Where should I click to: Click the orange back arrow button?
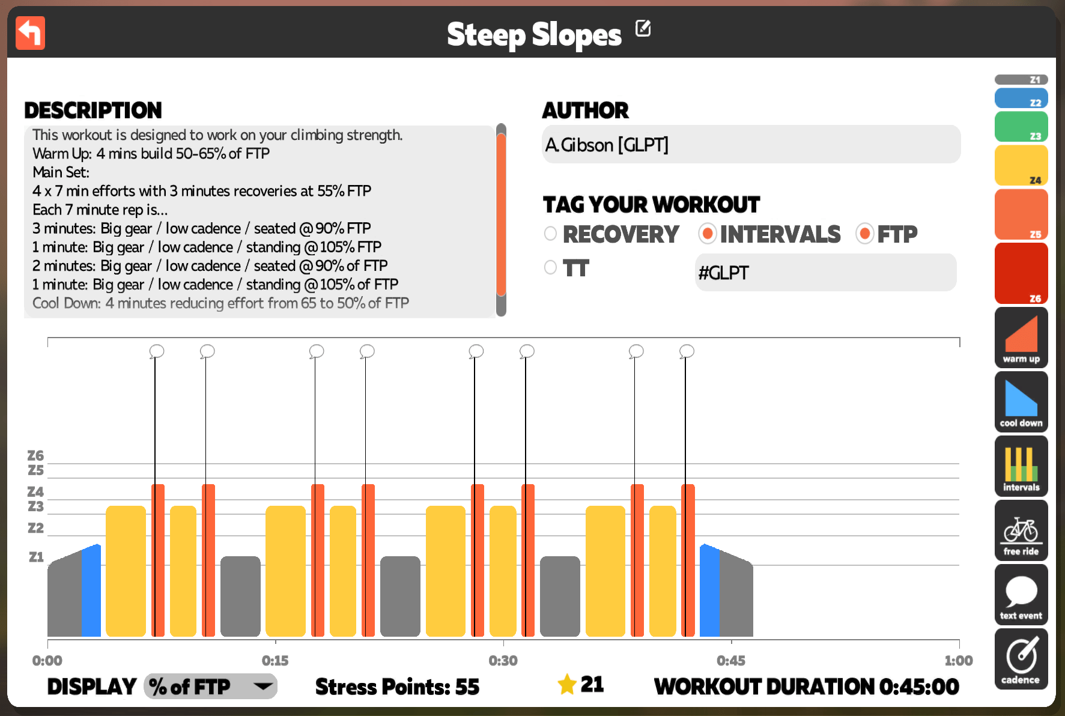(x=30, y=33)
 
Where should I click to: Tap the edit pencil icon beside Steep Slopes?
(x=643, y=28)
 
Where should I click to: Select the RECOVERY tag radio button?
(x=550, y=234)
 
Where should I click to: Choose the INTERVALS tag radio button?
(x=708, y=234)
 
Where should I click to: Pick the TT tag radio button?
(x=550, y=267)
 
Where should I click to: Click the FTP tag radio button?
(x=865, y=234)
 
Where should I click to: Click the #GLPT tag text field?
(x=825, y=273)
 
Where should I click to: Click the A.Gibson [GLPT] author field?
(x=751, y=144)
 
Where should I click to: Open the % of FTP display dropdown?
(x=210, y=686)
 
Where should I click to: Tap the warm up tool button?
(x=1021, y=338)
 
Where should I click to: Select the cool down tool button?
(x=1021, y=402)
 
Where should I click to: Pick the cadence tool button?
(x=1021, y=659)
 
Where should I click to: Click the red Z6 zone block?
(x=1021, y=273)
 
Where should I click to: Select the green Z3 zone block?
(x=1021, y=127)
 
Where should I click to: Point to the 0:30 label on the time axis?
(x=503, y=661)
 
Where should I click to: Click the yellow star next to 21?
(x=567, y=684)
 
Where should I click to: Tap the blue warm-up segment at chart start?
(x=91, y=590)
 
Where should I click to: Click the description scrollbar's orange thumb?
(x=501, y=214)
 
